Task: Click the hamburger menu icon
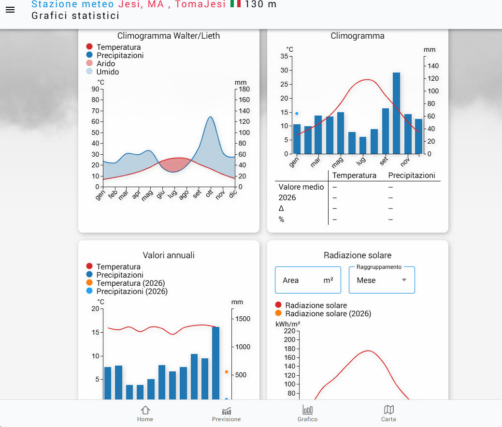point(10,10)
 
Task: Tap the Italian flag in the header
point(235,4)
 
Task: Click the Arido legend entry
point(105,63)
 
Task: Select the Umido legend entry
point(107,72)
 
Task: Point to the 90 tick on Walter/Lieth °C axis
point(95,89)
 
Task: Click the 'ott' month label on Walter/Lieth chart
point(209,194)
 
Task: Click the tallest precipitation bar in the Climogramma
point(396,113)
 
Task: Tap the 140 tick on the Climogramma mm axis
point(433,66)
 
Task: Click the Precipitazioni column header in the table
point(412,175)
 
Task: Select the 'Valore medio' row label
point(301,187)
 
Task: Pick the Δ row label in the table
point(281,208)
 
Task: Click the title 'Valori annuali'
point(169,255)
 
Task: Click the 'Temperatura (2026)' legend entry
point(130,283)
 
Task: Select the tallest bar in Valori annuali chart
point(215,363)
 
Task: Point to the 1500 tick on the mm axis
point(243,319)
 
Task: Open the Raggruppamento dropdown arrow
point(404,280)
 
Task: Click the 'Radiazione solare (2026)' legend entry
point(328,313)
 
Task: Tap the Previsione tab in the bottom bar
point(226,414)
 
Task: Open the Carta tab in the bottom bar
point(388,414)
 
